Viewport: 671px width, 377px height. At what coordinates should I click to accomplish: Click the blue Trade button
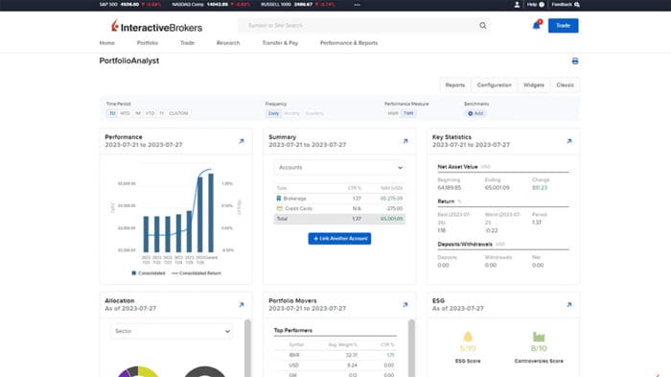(563, 26)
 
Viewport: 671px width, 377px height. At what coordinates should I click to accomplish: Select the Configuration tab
(494, 84)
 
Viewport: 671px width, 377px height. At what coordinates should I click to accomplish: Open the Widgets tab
(533, 84)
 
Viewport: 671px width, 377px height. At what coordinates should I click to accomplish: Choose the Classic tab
(565, 84)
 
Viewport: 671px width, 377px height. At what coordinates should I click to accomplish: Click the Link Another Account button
(339, 238)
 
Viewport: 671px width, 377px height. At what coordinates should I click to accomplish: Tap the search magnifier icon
(482, 26)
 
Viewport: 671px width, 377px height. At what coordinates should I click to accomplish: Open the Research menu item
(227, 43)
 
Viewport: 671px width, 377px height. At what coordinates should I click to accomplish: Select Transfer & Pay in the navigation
(280, 43)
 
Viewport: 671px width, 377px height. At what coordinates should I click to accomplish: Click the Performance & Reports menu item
(348, 43)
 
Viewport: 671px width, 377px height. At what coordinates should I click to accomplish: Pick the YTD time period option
(150, 113)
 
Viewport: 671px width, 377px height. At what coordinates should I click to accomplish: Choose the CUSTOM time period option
(178, 113)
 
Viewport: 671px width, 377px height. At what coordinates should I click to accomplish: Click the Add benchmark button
(475, 113)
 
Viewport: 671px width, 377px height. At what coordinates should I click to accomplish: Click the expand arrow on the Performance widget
(241, 142)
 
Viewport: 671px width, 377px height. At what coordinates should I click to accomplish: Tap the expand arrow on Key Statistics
(568, 142)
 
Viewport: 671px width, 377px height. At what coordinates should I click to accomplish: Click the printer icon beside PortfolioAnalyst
(574, 60)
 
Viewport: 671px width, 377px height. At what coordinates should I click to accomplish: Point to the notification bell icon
(536, 26)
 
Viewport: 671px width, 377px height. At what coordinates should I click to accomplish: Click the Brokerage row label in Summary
(295, 198)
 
